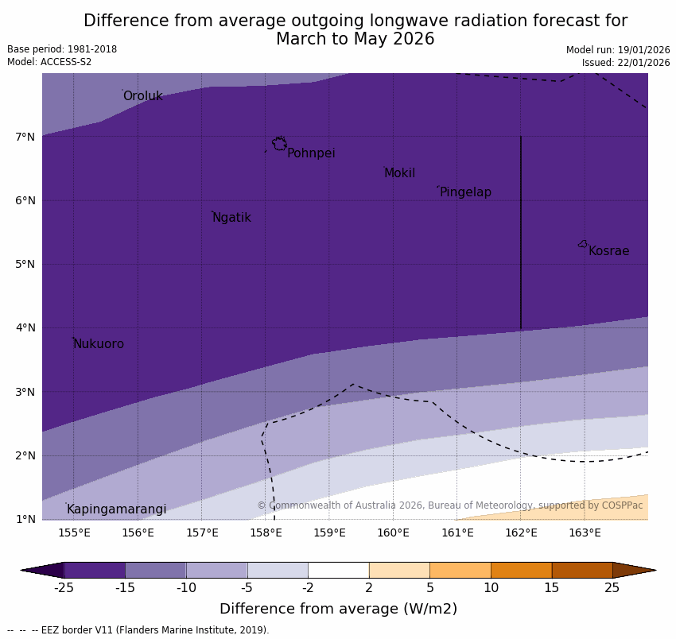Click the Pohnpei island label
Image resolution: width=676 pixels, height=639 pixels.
tap(311, 153)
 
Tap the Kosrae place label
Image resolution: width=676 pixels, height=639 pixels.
tap(608, 251)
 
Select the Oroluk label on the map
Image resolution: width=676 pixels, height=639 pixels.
tap(142, 96)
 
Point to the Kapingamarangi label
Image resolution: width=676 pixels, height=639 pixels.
tap(116, 509)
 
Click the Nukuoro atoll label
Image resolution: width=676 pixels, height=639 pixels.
tap(99, 344)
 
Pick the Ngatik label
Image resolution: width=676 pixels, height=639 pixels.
tap(231, 218)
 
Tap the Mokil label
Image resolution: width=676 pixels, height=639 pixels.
tap(399, 173)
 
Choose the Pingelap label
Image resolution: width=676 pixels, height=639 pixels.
tap(465, 192)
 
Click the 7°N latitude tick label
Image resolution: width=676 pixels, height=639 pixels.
tap(25, 137)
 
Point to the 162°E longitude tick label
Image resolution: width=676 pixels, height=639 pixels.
tap(521, 532)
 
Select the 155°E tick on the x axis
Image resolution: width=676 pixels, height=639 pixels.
tap(74, 532)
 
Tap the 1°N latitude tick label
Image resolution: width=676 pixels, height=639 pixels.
tap(25, 519)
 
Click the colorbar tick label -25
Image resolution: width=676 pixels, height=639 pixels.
tap(64, 588)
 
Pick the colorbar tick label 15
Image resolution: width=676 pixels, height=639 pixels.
tap(552, 588)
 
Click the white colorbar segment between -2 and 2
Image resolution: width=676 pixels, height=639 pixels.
tap(338, 570)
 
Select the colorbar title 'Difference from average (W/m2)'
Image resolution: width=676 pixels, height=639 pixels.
tap(338, 609)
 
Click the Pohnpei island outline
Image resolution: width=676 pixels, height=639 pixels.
tap(279, 144)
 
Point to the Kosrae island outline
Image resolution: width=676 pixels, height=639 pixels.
tap(583, 244)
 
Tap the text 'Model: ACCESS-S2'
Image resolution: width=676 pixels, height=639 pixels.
tap(49, 62)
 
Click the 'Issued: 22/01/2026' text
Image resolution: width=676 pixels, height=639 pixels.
tap(626, 63)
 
